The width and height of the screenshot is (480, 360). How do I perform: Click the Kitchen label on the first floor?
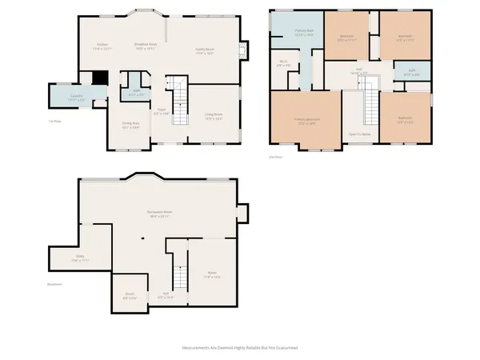(102, 46)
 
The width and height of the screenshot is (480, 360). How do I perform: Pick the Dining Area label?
(130, 125)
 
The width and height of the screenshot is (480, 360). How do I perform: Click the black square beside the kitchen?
(99, 78)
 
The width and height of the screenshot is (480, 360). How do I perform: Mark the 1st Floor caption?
(54, 119)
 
